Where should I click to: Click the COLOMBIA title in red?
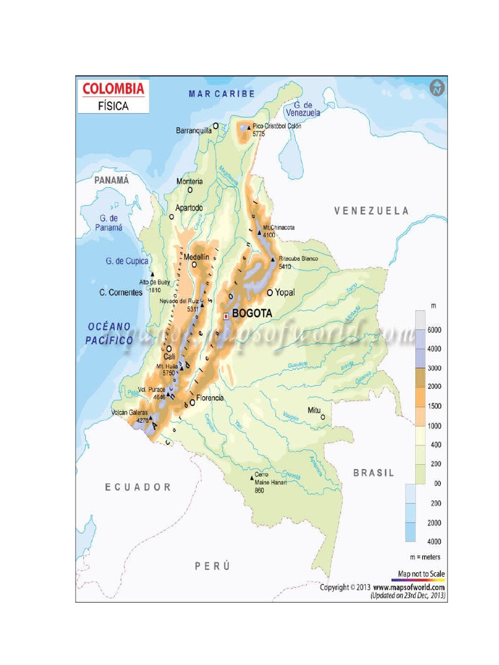tap(113, 88)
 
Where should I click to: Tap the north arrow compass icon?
tap(438, 87)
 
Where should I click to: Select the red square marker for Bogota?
tap(226, 316)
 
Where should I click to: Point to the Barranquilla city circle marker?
tap(216, 127)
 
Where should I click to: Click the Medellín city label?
tap(196, 257)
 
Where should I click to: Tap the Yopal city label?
tap(285, 292)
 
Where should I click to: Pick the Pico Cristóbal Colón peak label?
tap(277, 126)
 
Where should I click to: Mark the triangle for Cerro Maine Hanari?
tap(252, 479)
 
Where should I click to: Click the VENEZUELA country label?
tap(372, 210)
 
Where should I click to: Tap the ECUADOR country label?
tap(138, 487)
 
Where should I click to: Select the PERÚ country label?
tap(212, 566)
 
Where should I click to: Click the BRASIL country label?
tap(373, 473)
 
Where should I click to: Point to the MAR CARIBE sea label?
tap(222, 94)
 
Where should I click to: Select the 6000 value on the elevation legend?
tap(434, 330)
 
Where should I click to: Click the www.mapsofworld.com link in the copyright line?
tap(409, 587)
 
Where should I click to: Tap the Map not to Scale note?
tap(421, 574)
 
